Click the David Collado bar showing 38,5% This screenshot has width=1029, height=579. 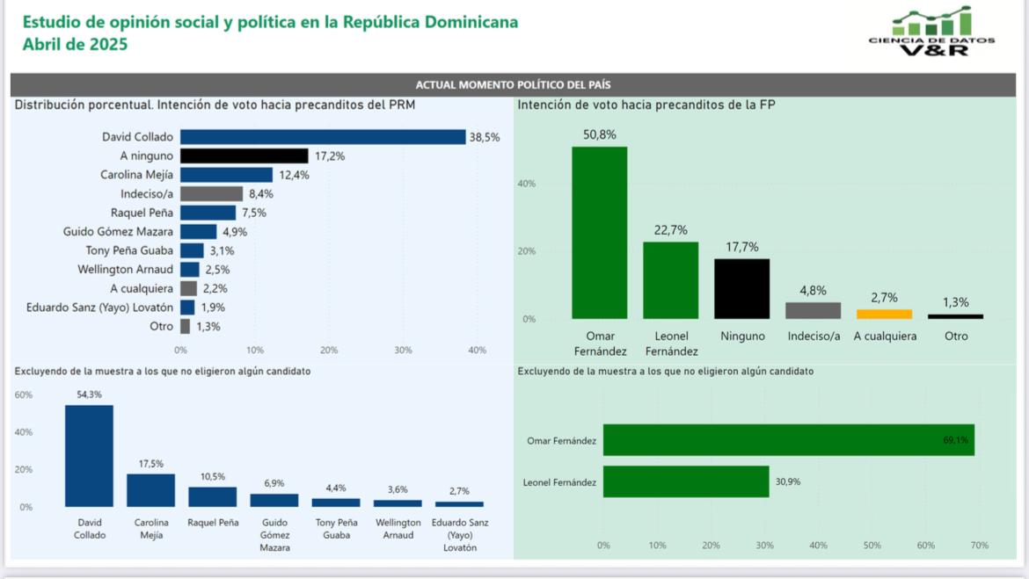coord(323,137)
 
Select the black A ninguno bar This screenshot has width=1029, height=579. coord(244,156)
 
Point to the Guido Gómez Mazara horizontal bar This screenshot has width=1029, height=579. coord(199,232)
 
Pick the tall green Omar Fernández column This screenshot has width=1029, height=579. coord(600,233)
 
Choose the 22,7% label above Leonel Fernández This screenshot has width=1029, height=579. coord(670,230)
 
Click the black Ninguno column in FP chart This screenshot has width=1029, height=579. coord(741,289)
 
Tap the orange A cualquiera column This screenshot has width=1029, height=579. coord(884,314)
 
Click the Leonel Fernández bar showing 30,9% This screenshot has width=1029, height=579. coord(686,482)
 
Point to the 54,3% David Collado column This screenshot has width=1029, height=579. coord(89,456)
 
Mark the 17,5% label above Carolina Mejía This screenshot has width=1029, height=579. coord(150,464)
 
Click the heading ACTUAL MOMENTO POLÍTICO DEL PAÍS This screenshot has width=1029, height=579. coord(514,85)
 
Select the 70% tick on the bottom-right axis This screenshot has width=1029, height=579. coord(980,546)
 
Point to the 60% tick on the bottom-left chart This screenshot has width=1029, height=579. coord(24,395)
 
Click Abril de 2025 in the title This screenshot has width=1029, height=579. coord(76,45)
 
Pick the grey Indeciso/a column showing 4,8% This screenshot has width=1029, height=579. coord(813,310)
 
